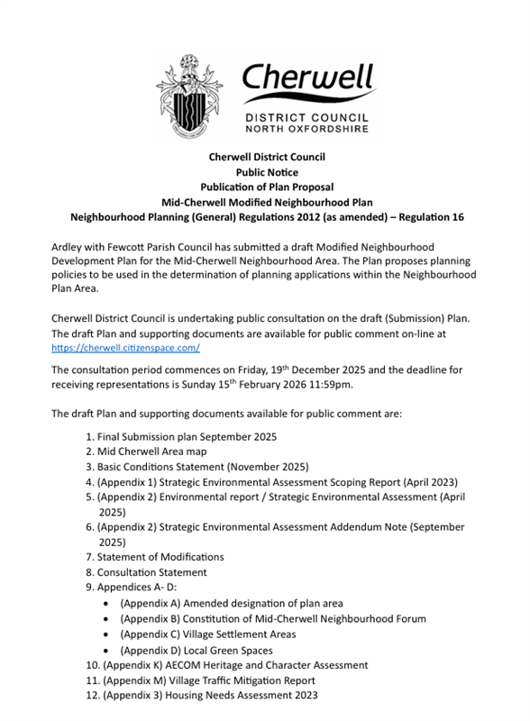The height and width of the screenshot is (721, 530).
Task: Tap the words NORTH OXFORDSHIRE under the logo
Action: click(x=308, y=129)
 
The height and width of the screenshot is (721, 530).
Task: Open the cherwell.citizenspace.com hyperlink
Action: click(x=125, y=347)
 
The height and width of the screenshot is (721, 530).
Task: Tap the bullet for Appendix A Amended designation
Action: click(x=109, y=603)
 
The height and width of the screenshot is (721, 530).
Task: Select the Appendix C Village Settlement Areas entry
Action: click(x=222, y=634)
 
